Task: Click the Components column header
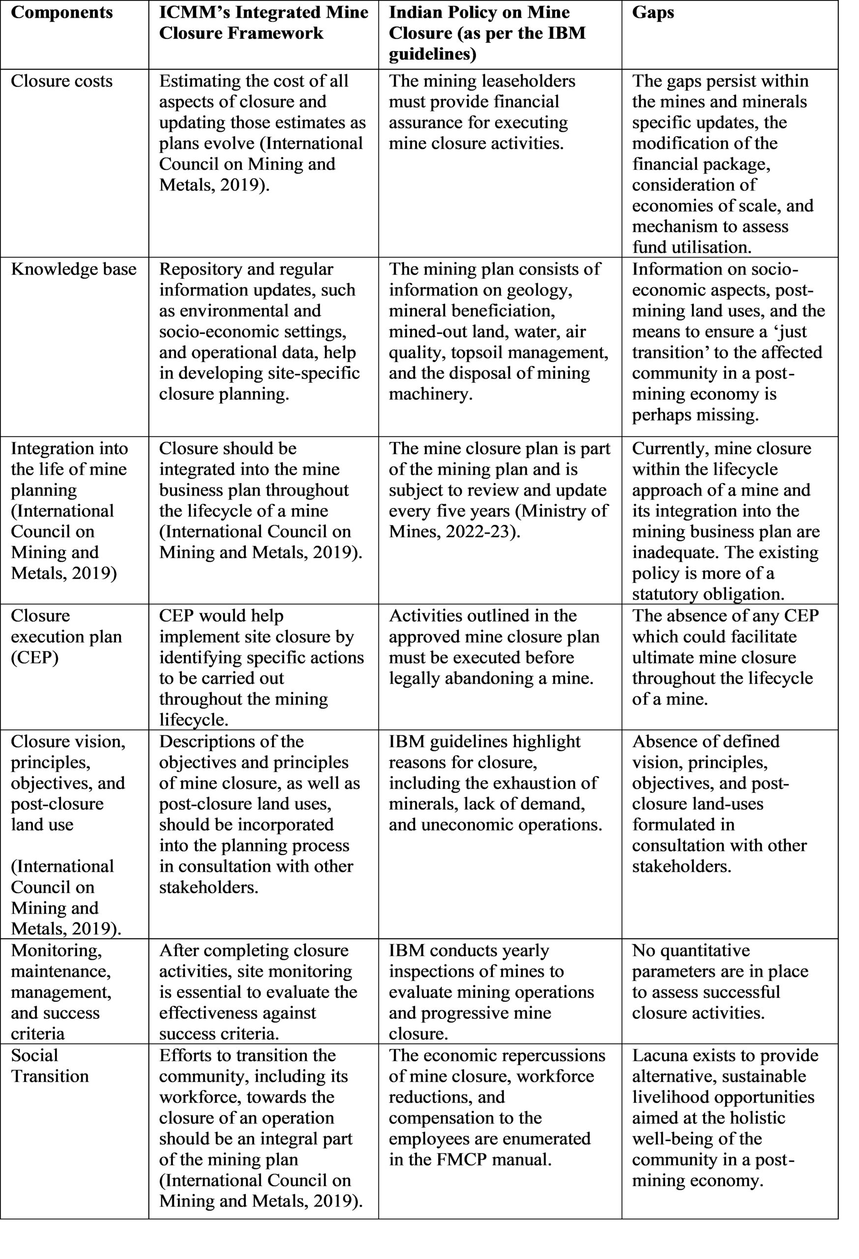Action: point(62,12)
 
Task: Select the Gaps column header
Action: point(652,12)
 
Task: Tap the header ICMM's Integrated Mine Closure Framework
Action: point(263,23)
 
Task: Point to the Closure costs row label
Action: point(62,81)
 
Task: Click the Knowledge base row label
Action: point(74,269)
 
